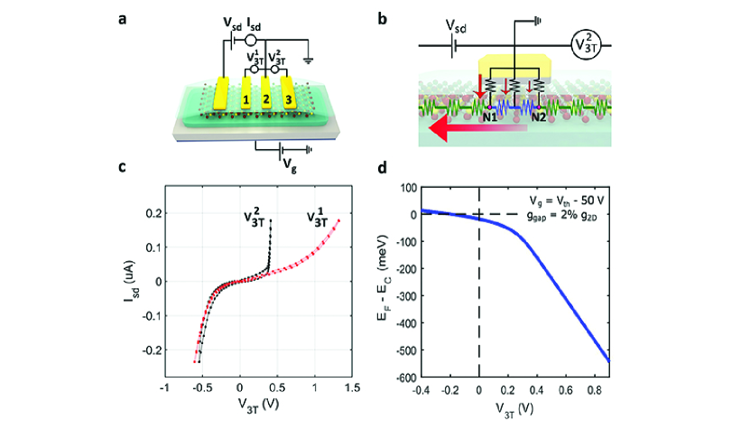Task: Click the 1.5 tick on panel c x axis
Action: coord(351,387)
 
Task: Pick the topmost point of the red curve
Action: coord(338,219)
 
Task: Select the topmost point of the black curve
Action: coord(270,219)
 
